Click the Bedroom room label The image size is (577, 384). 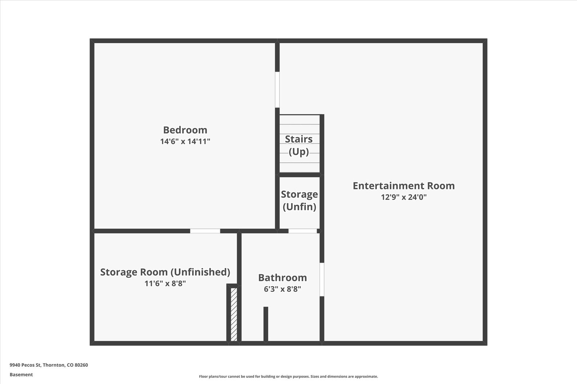click(x=185, y=130)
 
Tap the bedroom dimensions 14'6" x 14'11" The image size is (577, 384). click(x=185, y=141)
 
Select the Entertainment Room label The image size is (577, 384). click(x=404, y=186)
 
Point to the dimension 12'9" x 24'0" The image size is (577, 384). click(x=404, y=197)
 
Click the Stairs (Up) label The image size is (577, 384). click(x=299, y=145)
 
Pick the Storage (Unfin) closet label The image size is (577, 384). click(x=299, y=200)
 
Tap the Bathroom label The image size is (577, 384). click(x=282, y=278)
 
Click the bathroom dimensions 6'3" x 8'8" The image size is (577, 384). click(x=282, y=289)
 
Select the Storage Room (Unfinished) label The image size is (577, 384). click(x=165, y=272)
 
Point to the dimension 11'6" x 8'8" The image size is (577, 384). click(x=165, y=283)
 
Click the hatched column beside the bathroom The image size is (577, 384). click(x=234, y=314)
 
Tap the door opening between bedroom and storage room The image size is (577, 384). click(x=205, y=231)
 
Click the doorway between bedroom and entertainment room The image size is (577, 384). click(x=277, y=90)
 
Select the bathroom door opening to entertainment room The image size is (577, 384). click(x=322, y=280)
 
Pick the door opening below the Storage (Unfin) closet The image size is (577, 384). click(x=303, y=231)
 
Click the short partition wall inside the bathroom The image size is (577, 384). click(x=266, y=324)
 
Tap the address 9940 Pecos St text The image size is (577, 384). click(x=26, y=365)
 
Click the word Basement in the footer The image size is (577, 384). click(x=21, y=375)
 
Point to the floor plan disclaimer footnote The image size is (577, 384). click(x=288, y=376)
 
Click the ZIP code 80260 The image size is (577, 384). click(x=82, y=365)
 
